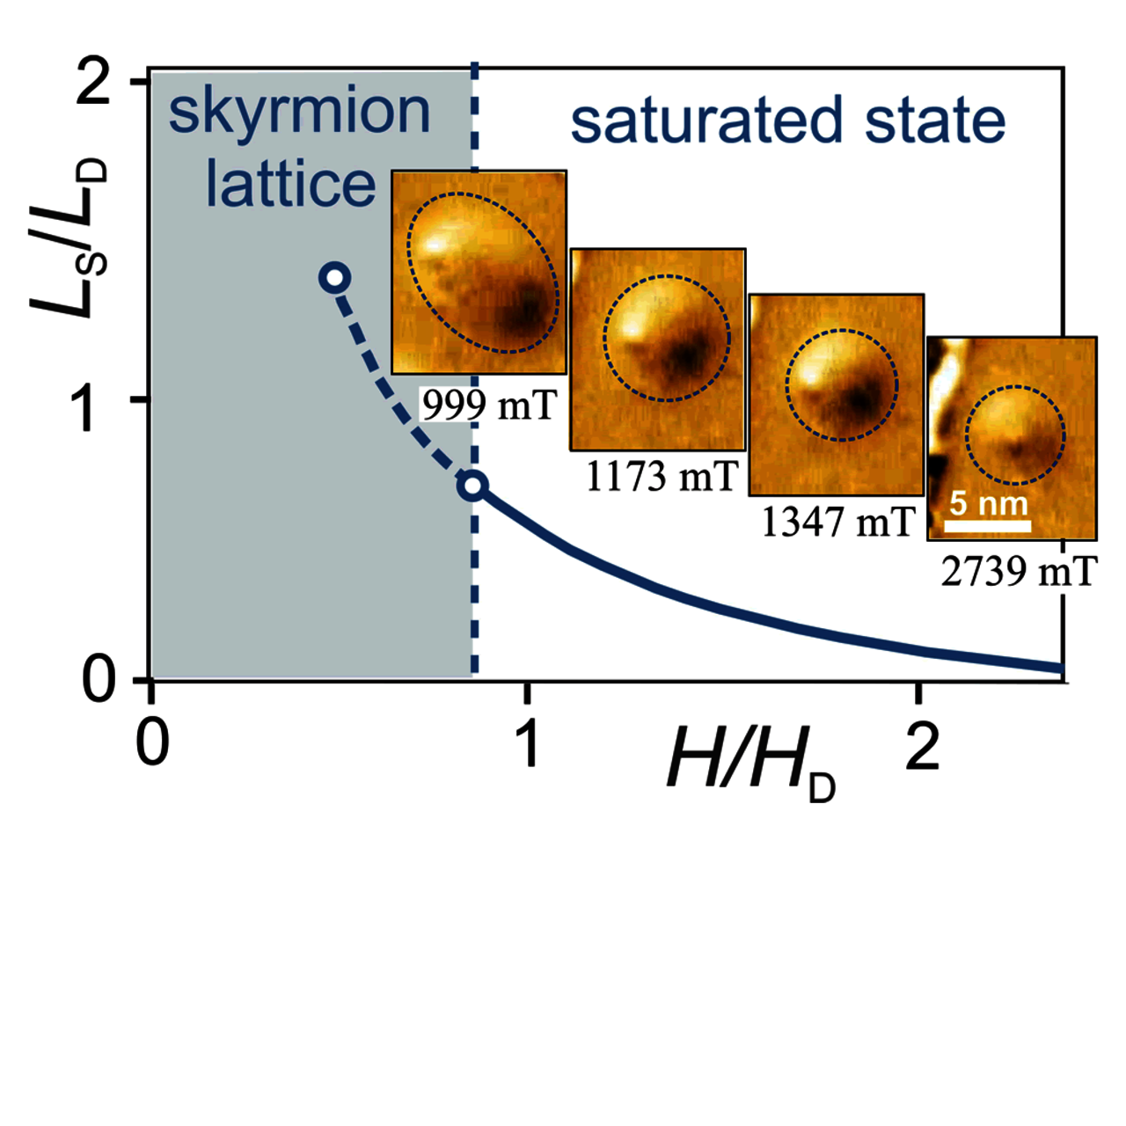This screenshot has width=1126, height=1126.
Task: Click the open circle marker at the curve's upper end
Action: click(x=335, y=278)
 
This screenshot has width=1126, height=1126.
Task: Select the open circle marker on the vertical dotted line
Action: click(x=473, y=485)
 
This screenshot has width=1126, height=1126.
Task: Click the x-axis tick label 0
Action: click(x=152, y=743)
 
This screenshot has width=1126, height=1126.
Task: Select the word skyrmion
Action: click(x=299, y=113)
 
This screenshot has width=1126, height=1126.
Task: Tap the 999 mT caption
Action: click(x=489, y=405)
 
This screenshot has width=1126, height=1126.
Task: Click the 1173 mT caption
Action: click(x=661, y=477)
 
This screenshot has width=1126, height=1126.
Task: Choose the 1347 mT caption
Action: click(x=837, y=523)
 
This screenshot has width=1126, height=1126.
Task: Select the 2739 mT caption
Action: click(x=1019, y=572)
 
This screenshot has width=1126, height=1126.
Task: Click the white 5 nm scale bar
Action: click(x=987, y=526)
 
